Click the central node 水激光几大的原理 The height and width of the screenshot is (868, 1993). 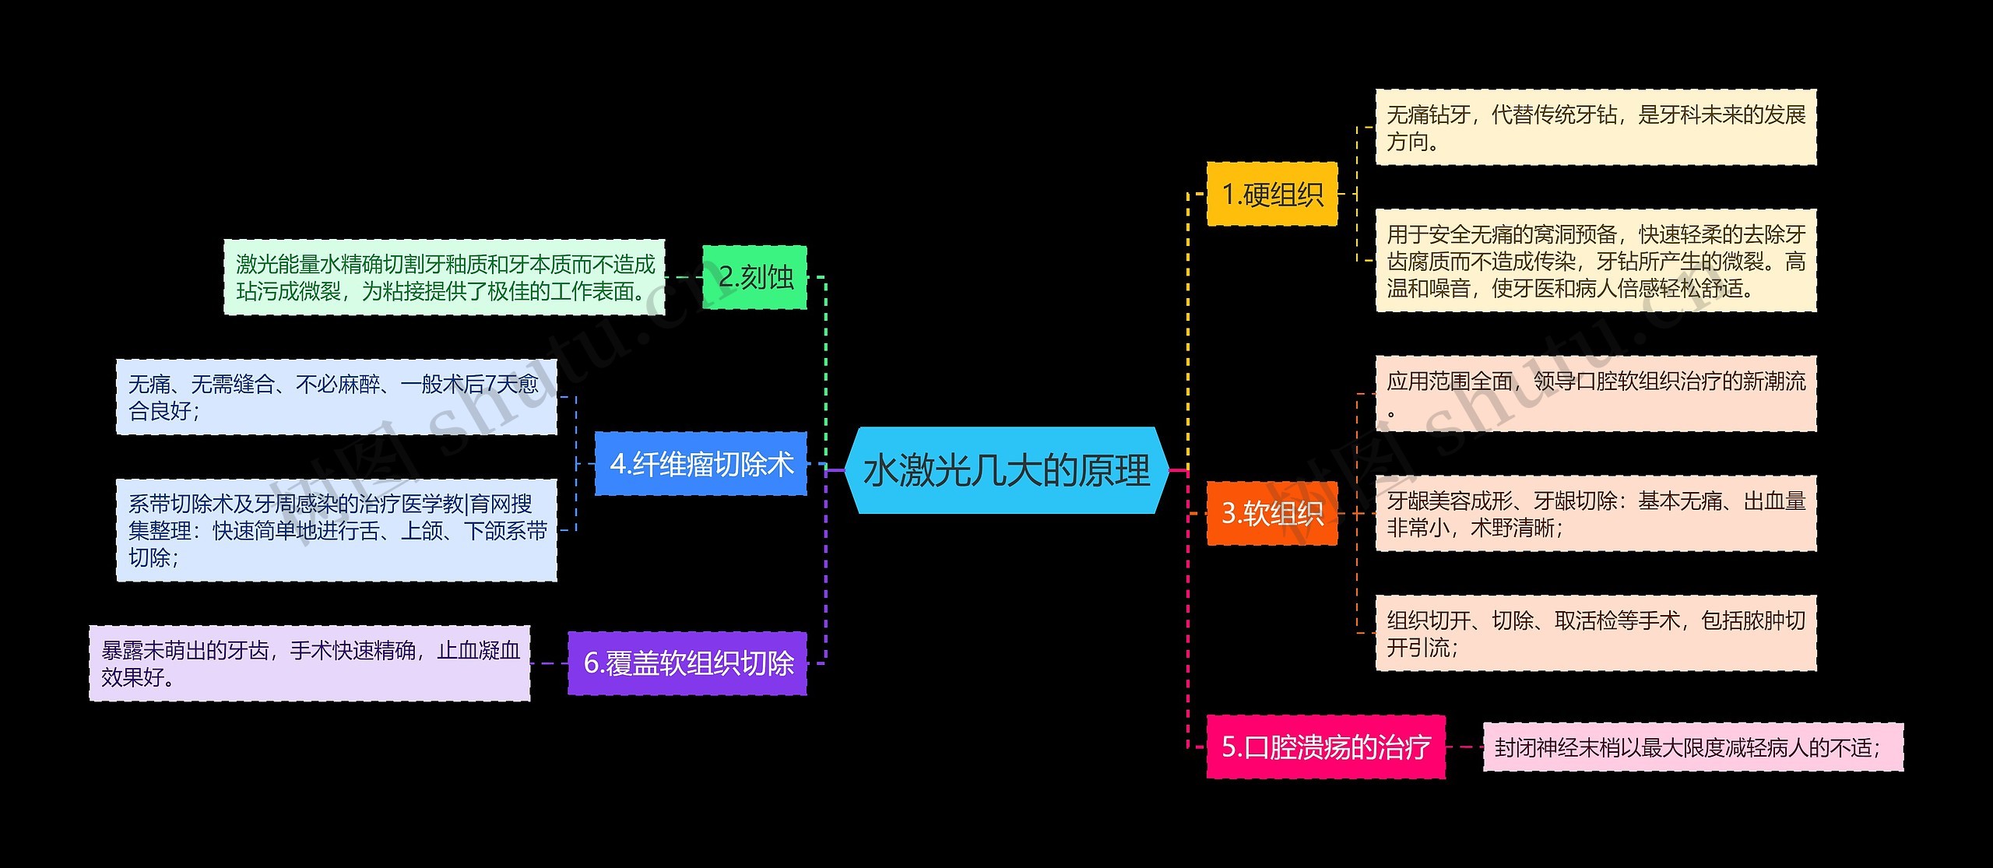click(1006, 470)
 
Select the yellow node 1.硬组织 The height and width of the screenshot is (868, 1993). click(1271, 195)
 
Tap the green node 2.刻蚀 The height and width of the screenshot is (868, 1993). click(754, 277)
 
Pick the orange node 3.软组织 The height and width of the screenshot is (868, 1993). click(1271, 514)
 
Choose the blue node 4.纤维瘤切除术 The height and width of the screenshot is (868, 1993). click(701, 464)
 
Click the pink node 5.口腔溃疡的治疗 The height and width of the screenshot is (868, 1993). click(1325, 747)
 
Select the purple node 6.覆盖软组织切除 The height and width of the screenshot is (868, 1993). click(687, 663)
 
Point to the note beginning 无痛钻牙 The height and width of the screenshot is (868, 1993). click(1595, 128)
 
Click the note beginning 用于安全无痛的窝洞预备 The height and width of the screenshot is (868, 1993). click(1595, 261)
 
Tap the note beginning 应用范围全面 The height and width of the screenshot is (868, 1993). click(1595, 394)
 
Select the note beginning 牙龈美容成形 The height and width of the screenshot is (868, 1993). click(1595, 514)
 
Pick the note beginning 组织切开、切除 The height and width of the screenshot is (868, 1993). click(1595, 633)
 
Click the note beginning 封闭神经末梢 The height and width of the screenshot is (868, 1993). click(1692, 747)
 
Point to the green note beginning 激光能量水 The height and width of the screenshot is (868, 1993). click(445, 277)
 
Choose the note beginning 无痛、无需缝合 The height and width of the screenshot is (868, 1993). click(336, 397)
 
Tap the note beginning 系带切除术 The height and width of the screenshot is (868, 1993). click(336, 530)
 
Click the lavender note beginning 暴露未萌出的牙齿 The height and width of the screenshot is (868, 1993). click(310, 663)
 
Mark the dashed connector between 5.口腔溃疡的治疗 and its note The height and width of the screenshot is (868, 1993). click(1464, 747)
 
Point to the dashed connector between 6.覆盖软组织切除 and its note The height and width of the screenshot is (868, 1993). click(549, 663)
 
